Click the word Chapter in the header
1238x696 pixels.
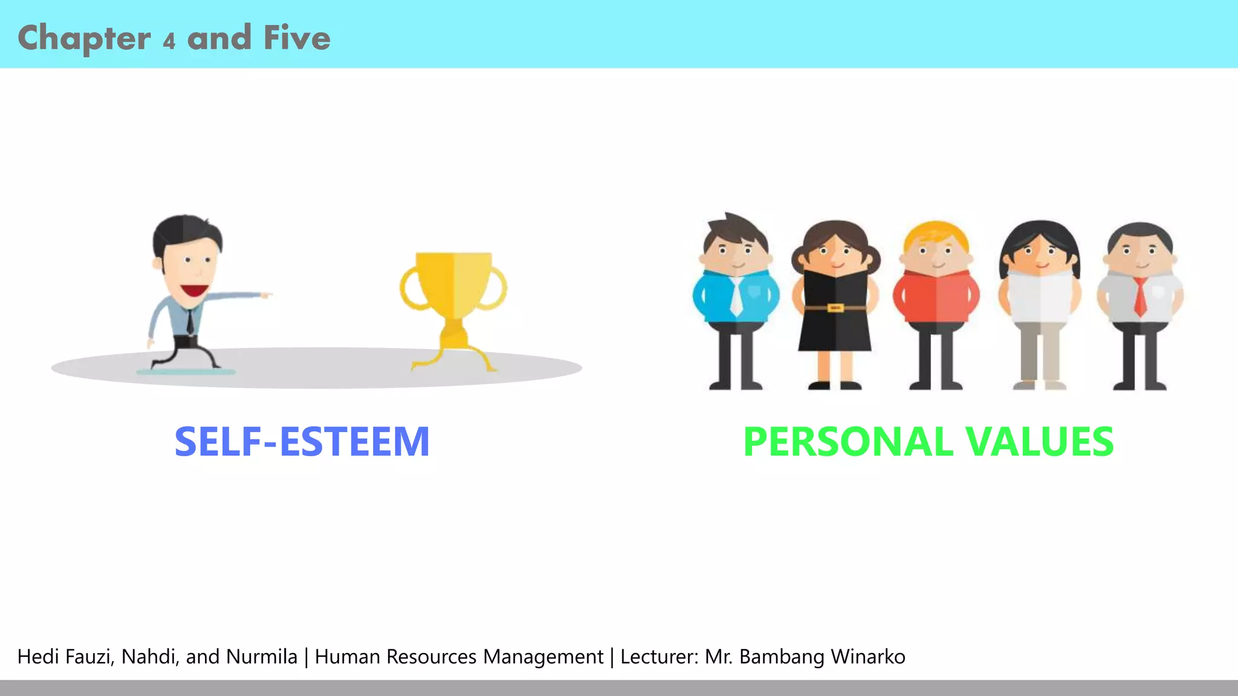(84, 39)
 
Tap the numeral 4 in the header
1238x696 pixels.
(169, 41)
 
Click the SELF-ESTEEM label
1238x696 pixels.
(302, 442)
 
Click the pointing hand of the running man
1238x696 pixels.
(264, 295)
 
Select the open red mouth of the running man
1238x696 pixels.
(195, 291)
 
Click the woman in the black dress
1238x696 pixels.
(835, 302)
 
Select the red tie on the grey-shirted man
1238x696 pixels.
(1139, 297)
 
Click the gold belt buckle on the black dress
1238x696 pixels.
(835, 308)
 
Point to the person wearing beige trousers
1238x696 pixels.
(1040, 302)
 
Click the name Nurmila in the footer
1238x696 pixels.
(261, 657)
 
